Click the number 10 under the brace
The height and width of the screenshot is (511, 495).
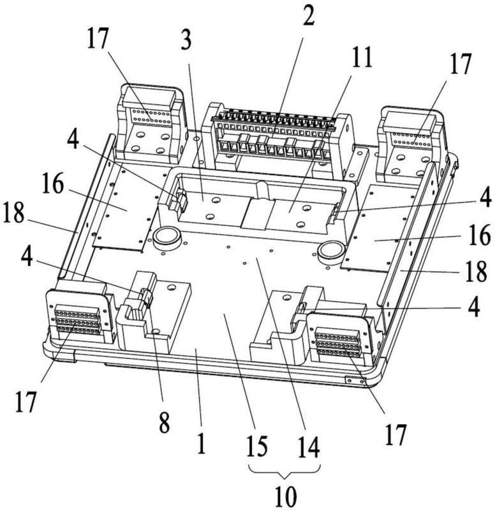tap(286, 495)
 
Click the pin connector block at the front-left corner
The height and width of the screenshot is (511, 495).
tap(77, 319)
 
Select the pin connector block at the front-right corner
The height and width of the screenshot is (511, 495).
tap(338, 342)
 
